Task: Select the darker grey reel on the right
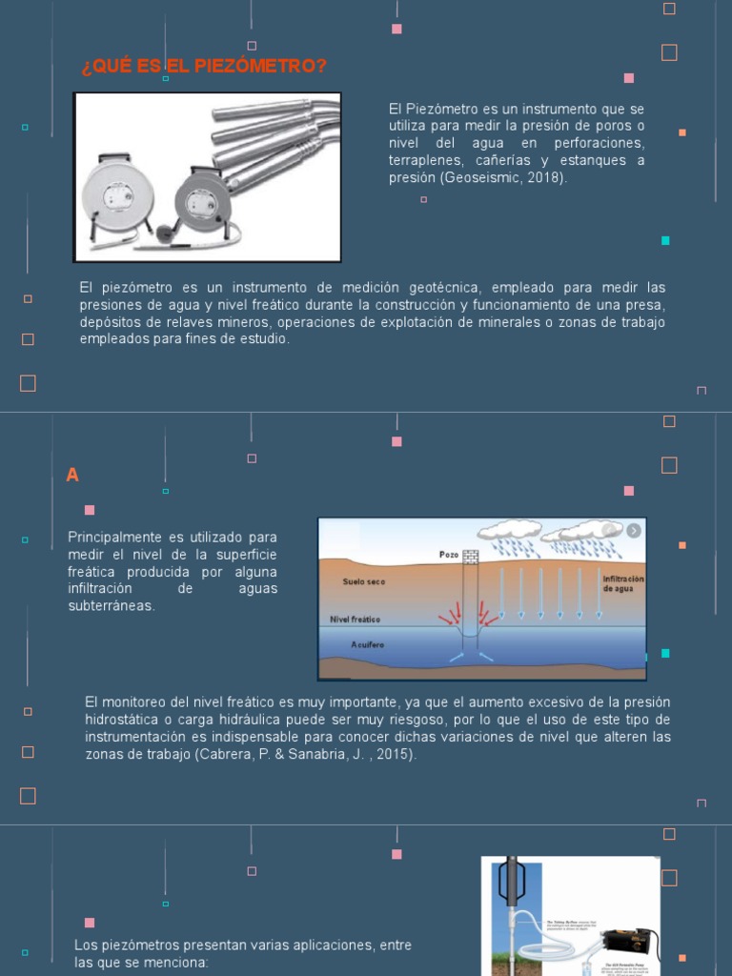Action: coord(201,201)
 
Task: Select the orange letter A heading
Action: coord(72,475)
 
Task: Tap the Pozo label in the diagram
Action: coord(449,554)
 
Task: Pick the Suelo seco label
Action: coord(364,580)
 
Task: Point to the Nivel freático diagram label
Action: coord(356,619)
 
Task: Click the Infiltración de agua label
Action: coord(622,583)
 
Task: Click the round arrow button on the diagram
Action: coord(634,531)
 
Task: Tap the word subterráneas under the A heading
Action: coord(111,606)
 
